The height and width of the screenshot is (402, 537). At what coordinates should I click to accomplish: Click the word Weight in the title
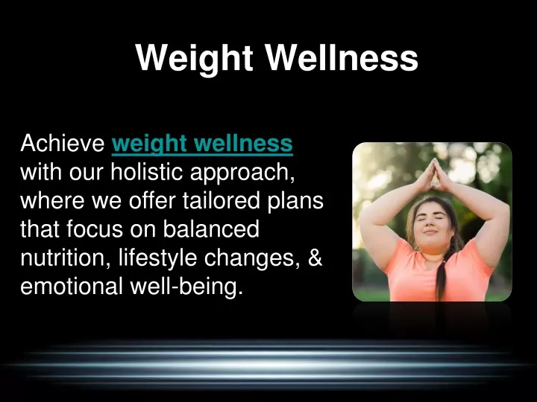[194, 59]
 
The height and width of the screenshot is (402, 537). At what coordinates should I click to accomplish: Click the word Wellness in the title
[342, 57]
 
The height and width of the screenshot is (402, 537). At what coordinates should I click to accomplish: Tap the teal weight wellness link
[202, 144]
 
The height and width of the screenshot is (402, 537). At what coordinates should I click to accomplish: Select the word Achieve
[63, 143]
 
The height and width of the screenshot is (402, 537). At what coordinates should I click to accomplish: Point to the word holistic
[147, 172]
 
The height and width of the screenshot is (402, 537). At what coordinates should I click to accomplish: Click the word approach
[242, 173]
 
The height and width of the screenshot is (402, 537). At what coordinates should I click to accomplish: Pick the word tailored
[221, 200]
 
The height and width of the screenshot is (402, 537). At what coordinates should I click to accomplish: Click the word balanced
[211, 229]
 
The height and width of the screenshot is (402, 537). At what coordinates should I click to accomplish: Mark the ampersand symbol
[315, 258]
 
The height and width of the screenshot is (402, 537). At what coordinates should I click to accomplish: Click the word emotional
[72, 286]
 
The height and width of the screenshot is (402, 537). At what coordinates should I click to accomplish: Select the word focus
[95, 229]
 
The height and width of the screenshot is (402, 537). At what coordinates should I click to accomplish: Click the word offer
[152, 200]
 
